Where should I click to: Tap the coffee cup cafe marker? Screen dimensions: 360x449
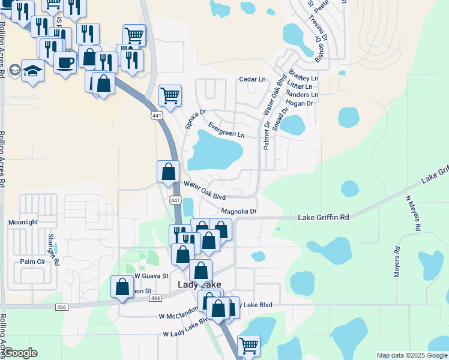click(65, 61)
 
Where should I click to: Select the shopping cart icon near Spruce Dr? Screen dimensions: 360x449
click(170, 95)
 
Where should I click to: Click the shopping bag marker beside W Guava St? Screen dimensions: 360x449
click(122, 286)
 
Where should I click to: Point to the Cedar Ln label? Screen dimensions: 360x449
click(252, 79)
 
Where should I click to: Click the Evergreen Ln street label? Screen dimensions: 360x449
click(226, 130)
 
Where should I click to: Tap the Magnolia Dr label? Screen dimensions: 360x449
click(239, 211)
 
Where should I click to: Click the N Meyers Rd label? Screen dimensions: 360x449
click(412, 214)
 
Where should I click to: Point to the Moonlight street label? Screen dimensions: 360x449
click(23, 222)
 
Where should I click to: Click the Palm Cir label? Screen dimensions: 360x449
click(32, 262)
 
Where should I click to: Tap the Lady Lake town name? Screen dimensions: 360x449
click(199, 284)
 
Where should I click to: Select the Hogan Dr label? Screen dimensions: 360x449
click(300, 103)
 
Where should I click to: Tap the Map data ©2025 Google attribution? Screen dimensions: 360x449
click(412, 355)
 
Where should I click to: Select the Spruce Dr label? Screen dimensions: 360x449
click(195, 119)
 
